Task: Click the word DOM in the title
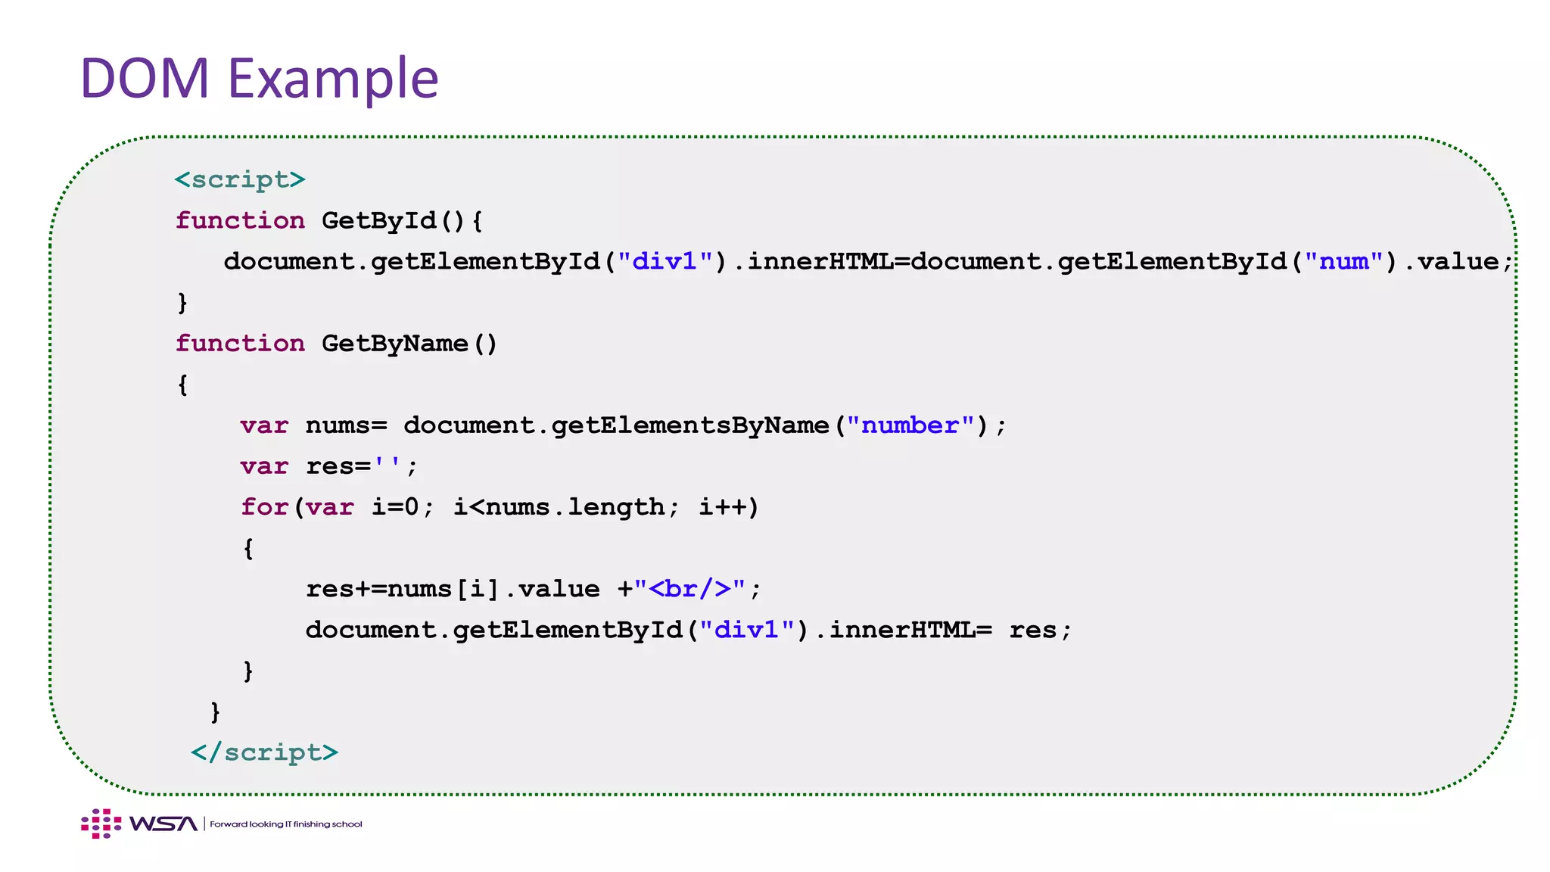click(145, 78)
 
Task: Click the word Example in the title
click(333, 79)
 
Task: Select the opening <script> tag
click(240, 179)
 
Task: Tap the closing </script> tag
click(264, 752)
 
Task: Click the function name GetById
click(378, 220)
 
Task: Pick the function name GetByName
click(394, 344)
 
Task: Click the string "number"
click(910, 425)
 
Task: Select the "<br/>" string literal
click(690, 589)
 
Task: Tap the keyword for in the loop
click(264, 507)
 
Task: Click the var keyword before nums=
click(264, 425)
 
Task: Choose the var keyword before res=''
click(264, 466)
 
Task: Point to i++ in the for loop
click(727, 507)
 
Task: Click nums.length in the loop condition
click(574, 507)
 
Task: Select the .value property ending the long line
click(1458, 261)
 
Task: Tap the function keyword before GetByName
click(240, 344)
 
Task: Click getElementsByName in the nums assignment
click(689, 425)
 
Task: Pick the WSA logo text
click(163, 824)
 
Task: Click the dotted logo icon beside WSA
click(101, 824)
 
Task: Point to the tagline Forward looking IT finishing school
click(286, 824)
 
